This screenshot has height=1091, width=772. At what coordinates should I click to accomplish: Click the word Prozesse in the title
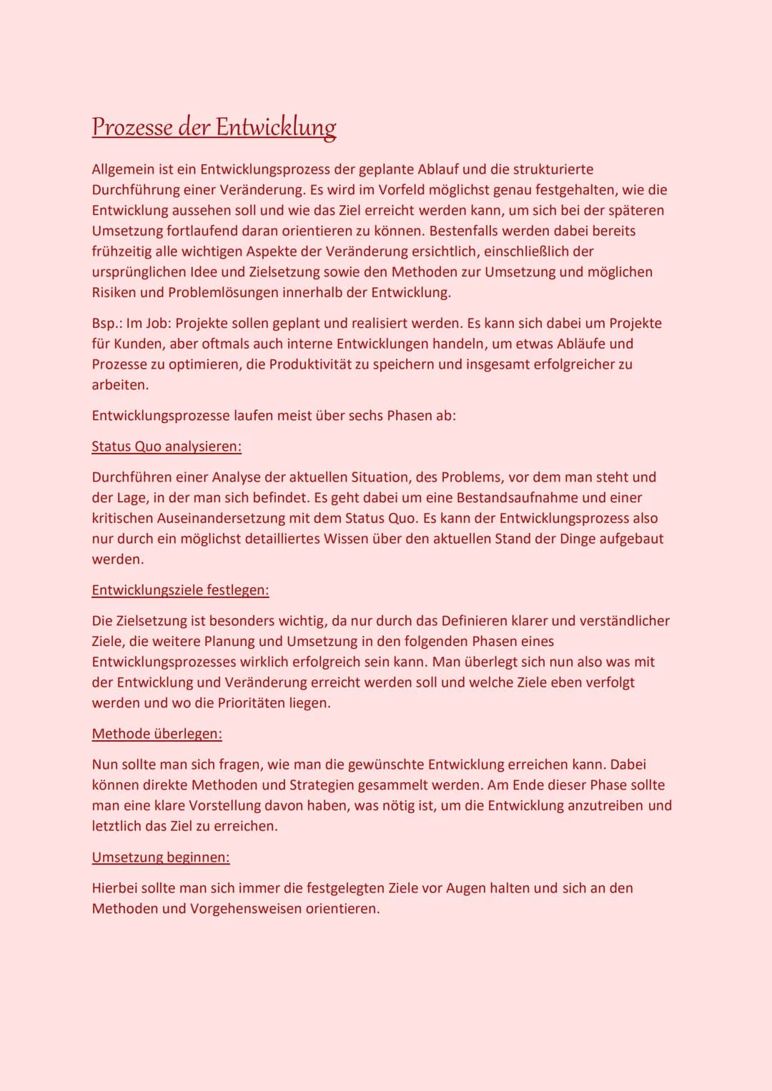[x=132, y=127]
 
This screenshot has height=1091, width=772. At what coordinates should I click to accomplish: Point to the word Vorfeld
[x=401, y=190]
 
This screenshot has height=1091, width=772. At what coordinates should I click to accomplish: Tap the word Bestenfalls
[x=468, y=231]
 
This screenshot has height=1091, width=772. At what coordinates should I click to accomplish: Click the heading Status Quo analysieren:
[x=167, y=447]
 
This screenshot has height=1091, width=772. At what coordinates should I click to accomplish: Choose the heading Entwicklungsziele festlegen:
[x=180, y=590]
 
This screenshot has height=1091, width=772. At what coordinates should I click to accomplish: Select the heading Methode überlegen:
[x=157, y=734]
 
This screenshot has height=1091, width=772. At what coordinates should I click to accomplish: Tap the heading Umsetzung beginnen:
[x=161, y=857]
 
